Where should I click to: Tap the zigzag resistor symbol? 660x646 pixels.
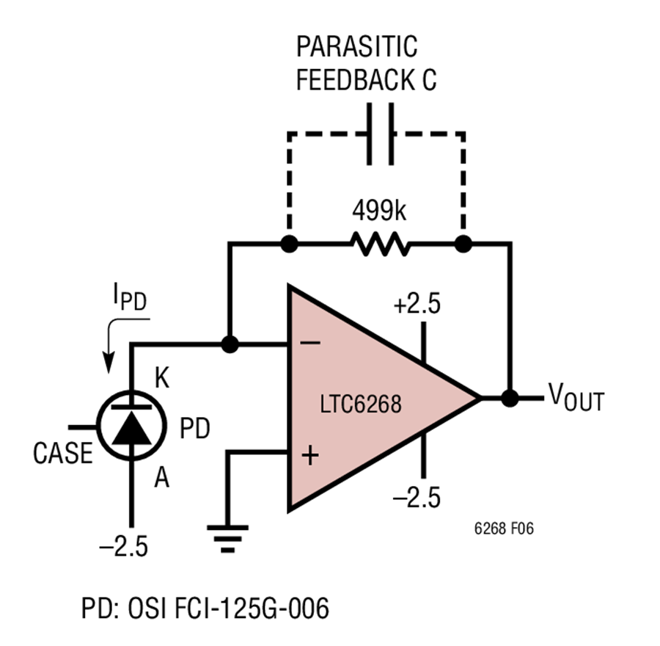click(380, 244)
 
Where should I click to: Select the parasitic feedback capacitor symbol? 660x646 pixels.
click(381, 134)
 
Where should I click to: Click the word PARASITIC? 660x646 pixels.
click(357, 46)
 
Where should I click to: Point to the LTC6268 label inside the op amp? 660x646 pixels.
click(361, 404)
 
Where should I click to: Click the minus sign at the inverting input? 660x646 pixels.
click(310, 343)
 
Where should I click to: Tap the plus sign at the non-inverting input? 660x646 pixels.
click(310, 455)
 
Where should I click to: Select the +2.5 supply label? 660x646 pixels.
click(417, 304)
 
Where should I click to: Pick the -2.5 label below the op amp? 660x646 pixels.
click(417, 497)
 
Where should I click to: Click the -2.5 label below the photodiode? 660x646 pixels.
click(124, 547)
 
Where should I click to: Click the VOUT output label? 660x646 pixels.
click(576, 397)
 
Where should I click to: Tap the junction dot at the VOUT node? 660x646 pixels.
click(510, 398)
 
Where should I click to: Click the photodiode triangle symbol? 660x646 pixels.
click(132, 428)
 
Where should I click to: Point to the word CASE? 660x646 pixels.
click(63, 454)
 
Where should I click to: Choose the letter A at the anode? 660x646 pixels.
click(161, 478)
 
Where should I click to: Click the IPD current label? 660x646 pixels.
click(130, 297)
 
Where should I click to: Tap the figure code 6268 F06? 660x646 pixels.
click(504, 529)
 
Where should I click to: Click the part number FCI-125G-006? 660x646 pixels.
click(252, 609)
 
